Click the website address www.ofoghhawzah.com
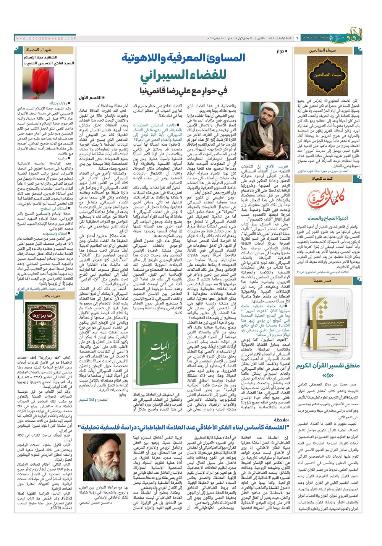46,38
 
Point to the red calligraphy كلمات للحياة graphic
327,199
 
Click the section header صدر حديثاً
323,280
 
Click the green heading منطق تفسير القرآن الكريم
328,366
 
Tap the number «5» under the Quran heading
328,375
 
